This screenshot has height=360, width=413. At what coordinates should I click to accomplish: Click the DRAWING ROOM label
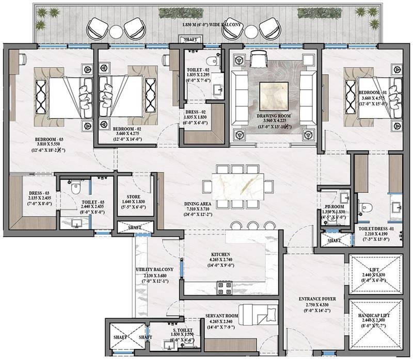(x=273, y=116)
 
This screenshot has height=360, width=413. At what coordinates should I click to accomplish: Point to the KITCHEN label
(x=220, y=253)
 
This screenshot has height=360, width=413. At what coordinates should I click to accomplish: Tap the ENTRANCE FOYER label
(x=314, y=298)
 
